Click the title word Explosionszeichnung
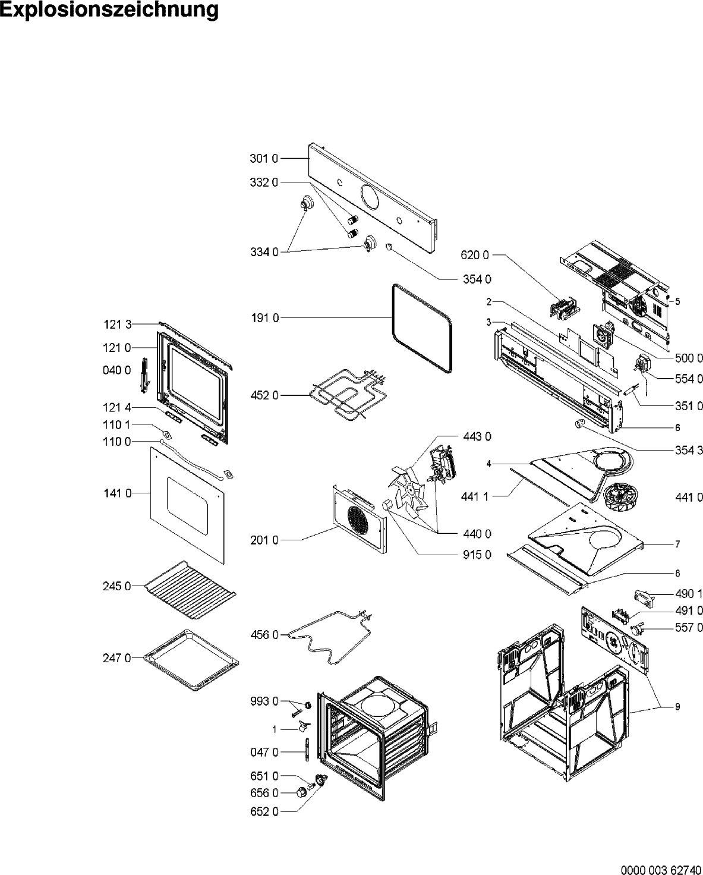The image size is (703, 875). (109, 11)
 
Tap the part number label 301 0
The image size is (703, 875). (263, 159)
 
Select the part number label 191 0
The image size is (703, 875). (263, 318)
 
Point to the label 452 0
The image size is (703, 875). (263, 395)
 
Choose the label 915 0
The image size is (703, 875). (477, 555)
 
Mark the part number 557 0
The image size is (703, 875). (689, 627)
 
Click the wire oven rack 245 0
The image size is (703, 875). (190, 588)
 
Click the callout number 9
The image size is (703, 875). (677, 707)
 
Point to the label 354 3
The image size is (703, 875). (689, 450)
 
